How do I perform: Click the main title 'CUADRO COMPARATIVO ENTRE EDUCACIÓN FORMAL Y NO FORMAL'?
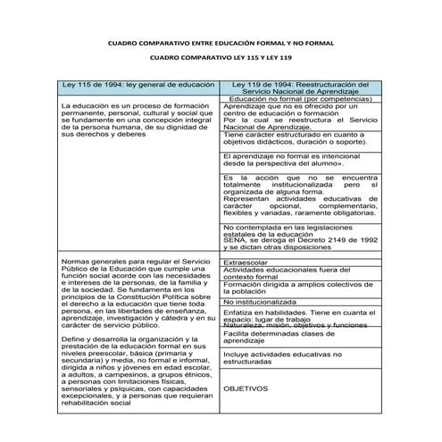click(x=220, y=41)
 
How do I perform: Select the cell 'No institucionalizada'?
click(x=263, y=303)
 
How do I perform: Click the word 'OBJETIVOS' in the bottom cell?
click(x=246, y=389)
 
